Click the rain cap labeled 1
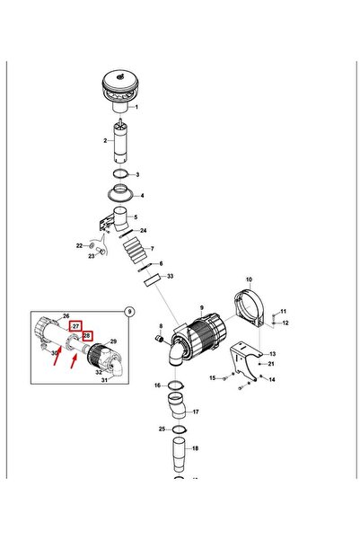tap(119, 90)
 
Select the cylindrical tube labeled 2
tap(120, 141)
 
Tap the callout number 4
tap(142, 196)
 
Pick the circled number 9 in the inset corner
tap(129, 312)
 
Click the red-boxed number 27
tap(75, 326)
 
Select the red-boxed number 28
tap(87, 335)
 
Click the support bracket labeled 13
tap(245, 360)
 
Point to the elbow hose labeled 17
tap(178, 406)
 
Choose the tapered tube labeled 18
tap(179, 455)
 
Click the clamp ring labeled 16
tap(176, 385)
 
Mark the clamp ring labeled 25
tap(179, 429)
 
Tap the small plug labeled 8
tap(160, 340)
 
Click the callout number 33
tap(170, 276)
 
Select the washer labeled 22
tap(92, 245)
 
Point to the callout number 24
tap(143, 230)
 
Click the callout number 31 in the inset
tap(104, 380)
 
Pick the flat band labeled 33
tap(153, 279)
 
